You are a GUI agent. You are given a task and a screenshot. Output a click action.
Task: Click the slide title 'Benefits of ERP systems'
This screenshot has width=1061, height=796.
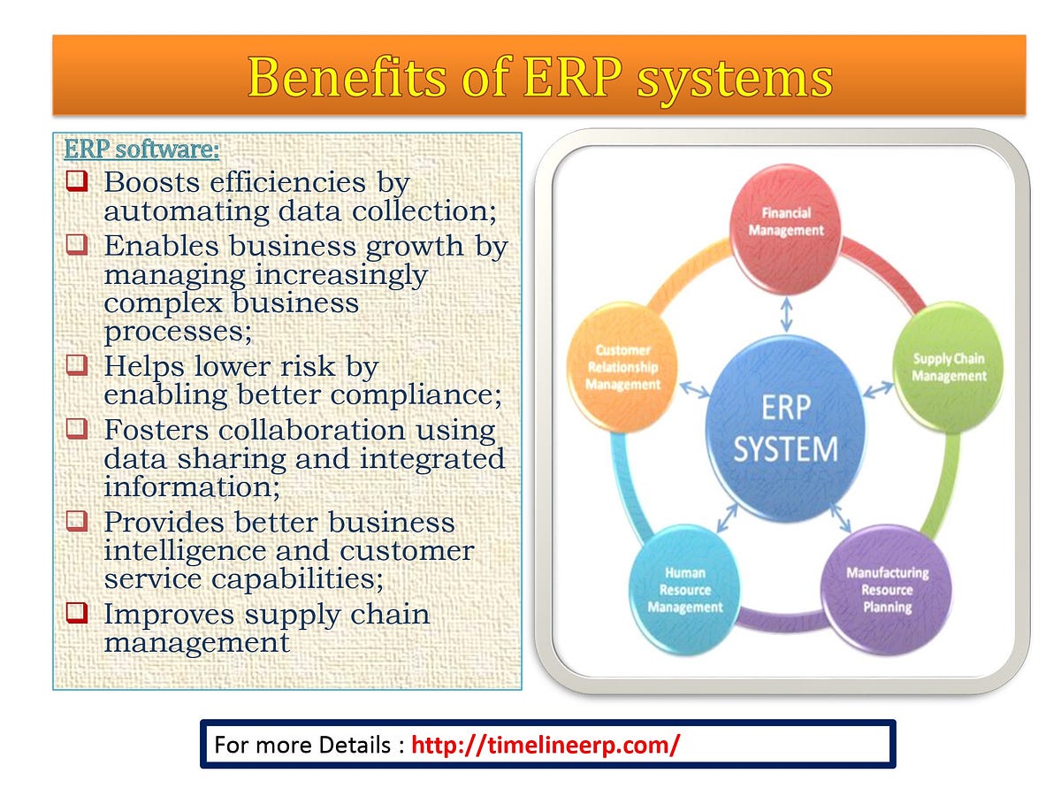pyautogui.click(x=539, y=77)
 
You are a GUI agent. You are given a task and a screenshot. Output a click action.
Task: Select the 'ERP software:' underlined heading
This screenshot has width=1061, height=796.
pyautogui.click(x=141, y=149)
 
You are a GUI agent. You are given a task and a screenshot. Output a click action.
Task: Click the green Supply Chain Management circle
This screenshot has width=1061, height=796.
pyautogui.click(x=948, y=367)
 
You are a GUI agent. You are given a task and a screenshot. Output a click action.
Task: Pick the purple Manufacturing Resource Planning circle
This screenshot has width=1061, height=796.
pyautogui.click(x=887, y=589)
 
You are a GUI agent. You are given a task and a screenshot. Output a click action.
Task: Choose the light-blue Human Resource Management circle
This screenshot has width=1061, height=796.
pyautogui.click(x=684, y=589)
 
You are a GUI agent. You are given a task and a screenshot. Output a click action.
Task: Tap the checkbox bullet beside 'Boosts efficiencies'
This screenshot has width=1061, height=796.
pyautogui.click(x=78, y=182)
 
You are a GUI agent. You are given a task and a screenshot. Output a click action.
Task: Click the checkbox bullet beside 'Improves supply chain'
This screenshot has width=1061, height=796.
pyautogui.click(x=78, y=613)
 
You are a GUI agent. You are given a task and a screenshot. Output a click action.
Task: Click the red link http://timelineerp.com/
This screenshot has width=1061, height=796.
pyautogui.click(x=546, y=745)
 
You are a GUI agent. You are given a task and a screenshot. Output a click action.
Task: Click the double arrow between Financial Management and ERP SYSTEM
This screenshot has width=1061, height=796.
pyautogui.click(x=785, y=311)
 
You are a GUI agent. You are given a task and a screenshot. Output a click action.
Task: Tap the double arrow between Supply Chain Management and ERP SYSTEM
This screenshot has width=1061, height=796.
pyautogui.click(x=878, y=389)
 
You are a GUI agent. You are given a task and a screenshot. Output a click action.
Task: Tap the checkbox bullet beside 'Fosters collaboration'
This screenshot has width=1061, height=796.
pyautogui.click(x=78, y=430)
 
